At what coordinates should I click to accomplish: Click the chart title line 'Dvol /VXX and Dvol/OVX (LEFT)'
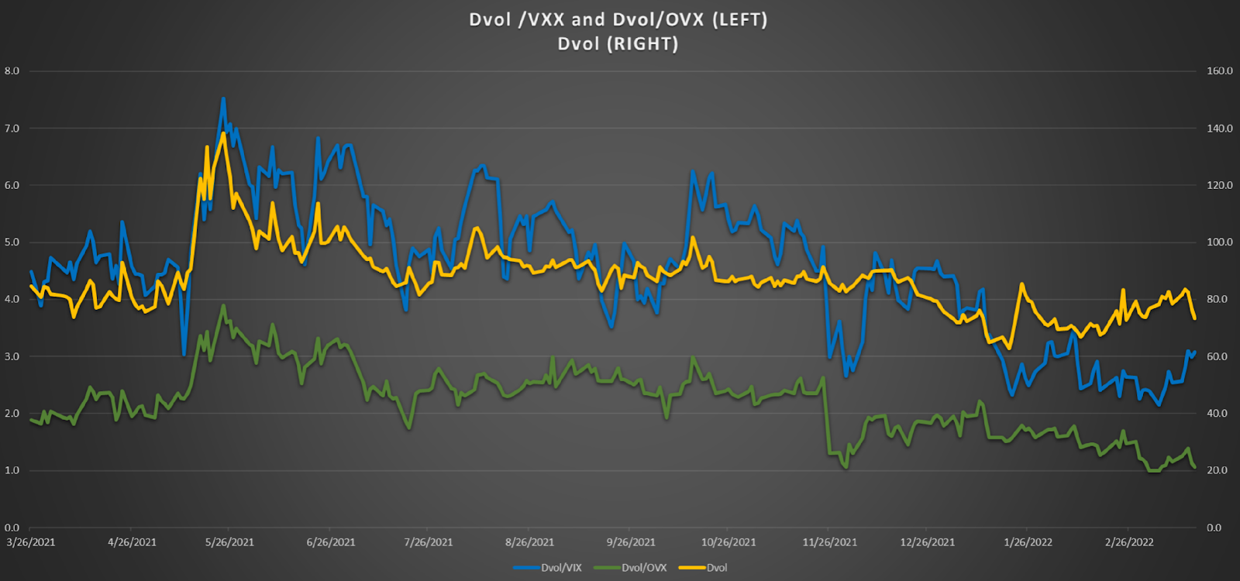[618, 19]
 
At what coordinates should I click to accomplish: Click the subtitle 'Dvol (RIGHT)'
[618, 44]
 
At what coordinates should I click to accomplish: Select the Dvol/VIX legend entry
[560, 568]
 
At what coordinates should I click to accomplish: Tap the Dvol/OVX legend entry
[643, 568]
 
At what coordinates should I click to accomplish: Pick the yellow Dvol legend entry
[716, 568]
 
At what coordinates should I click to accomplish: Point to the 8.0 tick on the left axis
[12, 71]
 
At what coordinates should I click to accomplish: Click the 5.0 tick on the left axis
[12, 242]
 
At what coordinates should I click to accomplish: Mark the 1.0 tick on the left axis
[12, 470]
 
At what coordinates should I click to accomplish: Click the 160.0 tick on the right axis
[1219, 71]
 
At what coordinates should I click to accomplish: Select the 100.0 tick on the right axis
[1219, 242]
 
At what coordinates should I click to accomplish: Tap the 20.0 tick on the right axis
[1219, 470]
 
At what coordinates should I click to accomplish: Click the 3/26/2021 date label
[31, 542]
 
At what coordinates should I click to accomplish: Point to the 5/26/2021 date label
[229, 542]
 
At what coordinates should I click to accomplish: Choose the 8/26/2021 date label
[529, 542]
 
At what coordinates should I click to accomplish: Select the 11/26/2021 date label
[829, 542]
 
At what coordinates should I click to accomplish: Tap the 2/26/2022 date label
[1129, 542]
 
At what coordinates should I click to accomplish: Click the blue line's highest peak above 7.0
[223, 98]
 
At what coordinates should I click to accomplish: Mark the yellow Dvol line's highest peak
[223, 133]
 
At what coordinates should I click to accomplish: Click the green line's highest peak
[224, 305]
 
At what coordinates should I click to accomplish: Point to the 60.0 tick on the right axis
[1219, 356]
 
